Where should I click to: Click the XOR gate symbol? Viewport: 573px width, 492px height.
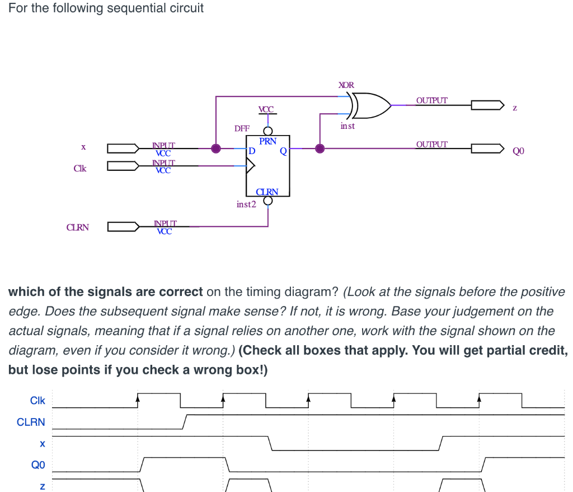(369, 105)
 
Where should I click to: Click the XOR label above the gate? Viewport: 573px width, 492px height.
(346, 85)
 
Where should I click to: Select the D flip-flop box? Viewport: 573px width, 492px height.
(268, 165)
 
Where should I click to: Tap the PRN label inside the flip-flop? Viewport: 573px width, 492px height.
(268, 141)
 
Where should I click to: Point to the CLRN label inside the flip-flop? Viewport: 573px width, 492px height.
(267, 192)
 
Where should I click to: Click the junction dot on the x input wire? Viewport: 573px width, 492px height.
(216, 149)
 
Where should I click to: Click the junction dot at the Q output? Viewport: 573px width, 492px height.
(320, 149)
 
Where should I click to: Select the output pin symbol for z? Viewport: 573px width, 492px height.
(487, 105)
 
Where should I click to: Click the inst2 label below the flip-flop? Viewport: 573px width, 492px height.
(246, 205)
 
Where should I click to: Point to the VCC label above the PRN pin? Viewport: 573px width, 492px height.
(267, 109)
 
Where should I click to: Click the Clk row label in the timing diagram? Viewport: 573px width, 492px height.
(37, 401)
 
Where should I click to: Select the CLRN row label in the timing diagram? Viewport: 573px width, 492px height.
(31, 422)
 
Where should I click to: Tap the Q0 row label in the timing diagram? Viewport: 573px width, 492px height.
(37, 465)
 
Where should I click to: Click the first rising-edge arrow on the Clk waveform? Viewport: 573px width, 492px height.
(138, 397)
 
